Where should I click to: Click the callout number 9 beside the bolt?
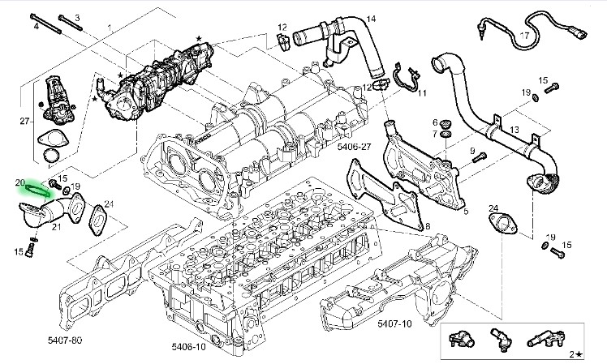click(x=471, y=150)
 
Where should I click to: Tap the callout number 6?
click(x=434, y=122)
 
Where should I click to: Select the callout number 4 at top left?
click(x=37, y=27)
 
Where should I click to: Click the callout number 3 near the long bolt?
click(x=78, y=18)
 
